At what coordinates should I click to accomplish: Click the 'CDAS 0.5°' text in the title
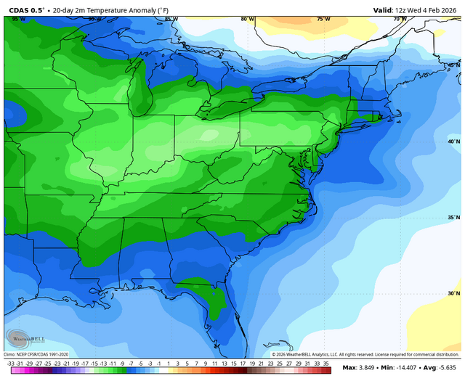click(26, 10)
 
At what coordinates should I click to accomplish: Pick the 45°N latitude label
click(453, 65)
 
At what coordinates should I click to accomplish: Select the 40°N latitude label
click(453, 142)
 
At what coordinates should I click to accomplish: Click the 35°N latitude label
click(453, 218)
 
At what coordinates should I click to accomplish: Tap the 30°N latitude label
click(453, 294)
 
